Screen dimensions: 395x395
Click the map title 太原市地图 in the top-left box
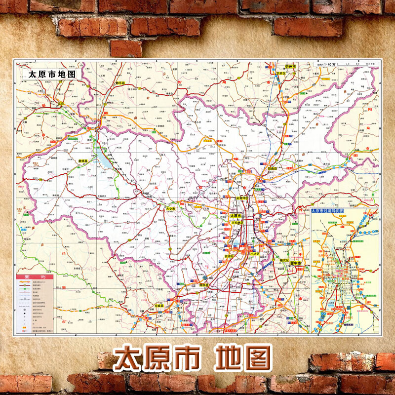tap(52, 74)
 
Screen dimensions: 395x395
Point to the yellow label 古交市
tap(171, 209)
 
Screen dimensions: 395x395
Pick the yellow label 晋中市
tap(296, 264)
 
